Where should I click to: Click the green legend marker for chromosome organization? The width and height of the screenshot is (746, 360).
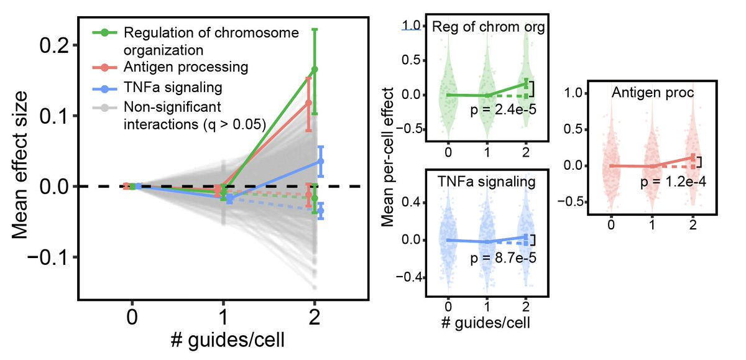(x=106, y=32)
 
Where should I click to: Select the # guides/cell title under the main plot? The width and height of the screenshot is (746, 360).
(x=223, y=341)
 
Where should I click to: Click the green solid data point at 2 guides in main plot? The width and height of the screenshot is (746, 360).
(x=315, y=69)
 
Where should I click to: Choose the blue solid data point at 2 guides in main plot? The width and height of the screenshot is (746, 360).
(x=321, y=161)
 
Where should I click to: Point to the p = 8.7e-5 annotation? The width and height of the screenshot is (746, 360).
(x=500, y=257)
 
